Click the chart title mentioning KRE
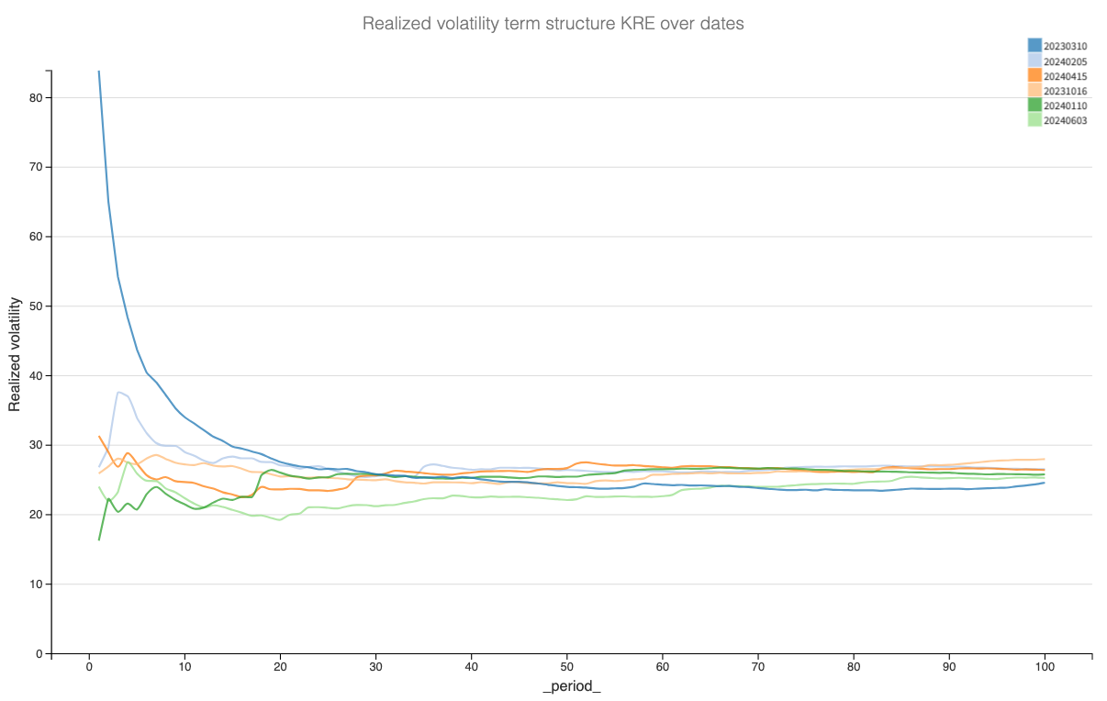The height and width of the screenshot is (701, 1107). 553,24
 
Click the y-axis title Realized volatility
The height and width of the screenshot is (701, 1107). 16,362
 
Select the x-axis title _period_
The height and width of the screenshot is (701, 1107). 572,686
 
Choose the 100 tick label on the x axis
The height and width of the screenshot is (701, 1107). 1045,667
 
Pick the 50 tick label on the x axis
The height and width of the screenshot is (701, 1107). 566,667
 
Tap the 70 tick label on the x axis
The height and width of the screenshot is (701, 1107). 757,667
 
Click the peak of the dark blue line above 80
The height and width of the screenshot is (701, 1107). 99,72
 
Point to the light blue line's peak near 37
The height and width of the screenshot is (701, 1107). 118,392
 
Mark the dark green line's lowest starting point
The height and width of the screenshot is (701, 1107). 99,540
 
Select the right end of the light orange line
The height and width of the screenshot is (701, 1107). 1045,459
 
